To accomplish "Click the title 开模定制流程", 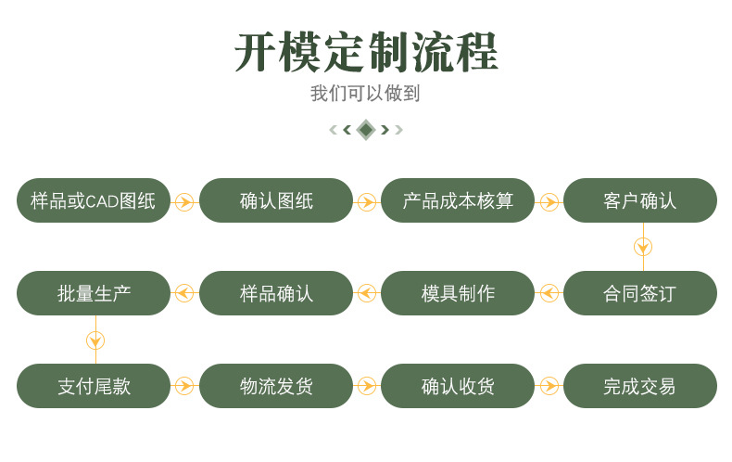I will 366,52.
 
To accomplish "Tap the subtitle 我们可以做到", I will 365,94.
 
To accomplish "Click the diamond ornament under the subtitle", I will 366,129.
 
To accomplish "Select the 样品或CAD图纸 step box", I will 94,200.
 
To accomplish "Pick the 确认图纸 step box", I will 276,200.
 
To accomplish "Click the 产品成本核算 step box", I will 458,200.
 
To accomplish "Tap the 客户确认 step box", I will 640,200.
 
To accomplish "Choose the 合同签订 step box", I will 640,293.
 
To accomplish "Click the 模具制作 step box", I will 458,293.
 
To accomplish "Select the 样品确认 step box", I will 276,293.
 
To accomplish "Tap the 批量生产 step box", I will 94,293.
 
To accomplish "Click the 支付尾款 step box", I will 94,386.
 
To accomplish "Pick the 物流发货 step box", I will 276,386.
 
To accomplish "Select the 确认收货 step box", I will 458,386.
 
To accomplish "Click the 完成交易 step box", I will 640,386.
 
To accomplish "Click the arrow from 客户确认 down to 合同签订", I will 643,247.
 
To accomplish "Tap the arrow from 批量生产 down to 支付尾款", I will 95,340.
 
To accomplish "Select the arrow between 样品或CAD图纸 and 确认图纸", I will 184,201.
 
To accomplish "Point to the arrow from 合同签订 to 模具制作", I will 549,293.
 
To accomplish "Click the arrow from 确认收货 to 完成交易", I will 549,386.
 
